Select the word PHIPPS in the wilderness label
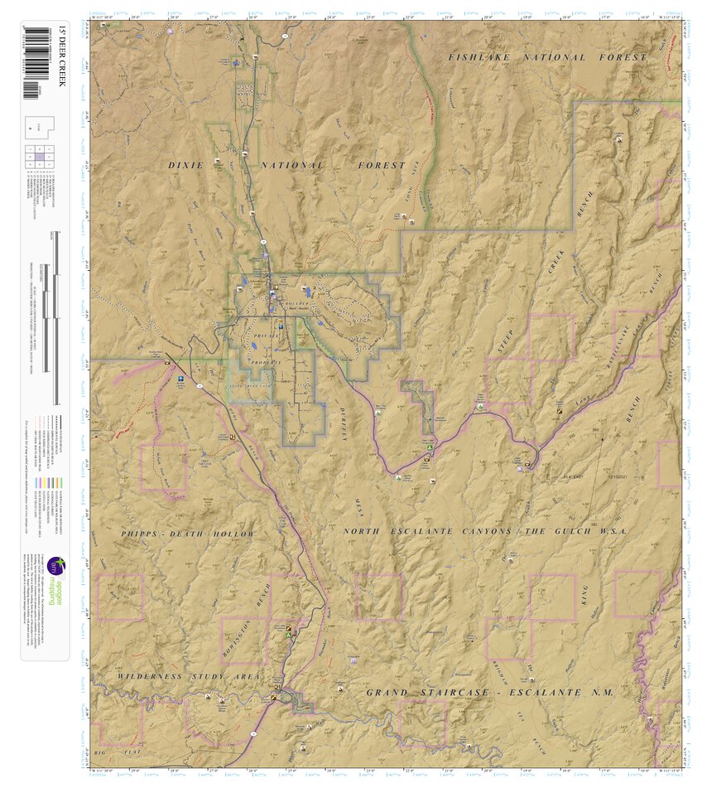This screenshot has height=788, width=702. click(144, 534)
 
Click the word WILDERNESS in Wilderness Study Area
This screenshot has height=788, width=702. click(149, 677)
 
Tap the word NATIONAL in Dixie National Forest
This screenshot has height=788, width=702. click(291, 166)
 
